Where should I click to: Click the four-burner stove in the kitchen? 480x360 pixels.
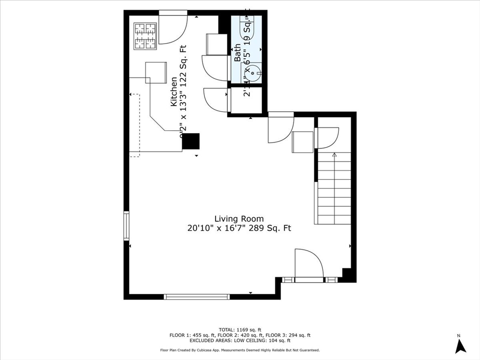click(145, 36)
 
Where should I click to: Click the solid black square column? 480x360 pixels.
click(191, 141)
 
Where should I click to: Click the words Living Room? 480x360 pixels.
click(239, 218)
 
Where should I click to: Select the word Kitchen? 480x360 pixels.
click(173, 92)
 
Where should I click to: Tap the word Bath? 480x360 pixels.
click(238, 52)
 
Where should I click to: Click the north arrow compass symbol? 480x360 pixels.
click(460, 345)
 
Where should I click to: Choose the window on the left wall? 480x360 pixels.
click(126, 226)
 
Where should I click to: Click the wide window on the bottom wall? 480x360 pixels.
click(197, 296)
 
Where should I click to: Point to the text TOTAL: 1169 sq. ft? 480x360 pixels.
click(240, 330)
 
